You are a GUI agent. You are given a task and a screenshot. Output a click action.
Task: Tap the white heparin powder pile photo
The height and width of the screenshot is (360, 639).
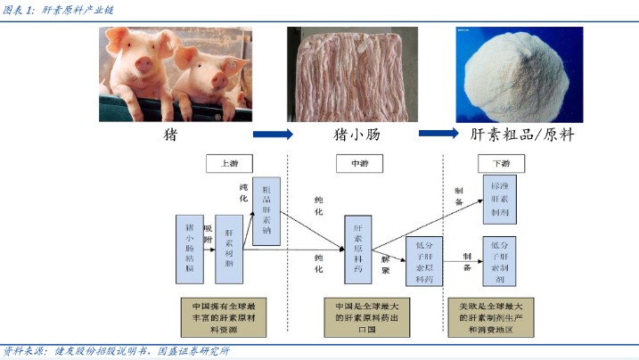click(x=519, y=75)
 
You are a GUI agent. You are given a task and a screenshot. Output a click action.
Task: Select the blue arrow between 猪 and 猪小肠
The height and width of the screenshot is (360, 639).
click(x=273, y=135)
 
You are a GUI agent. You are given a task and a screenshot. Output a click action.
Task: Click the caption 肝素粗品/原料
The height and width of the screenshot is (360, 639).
click(x=521, y=135)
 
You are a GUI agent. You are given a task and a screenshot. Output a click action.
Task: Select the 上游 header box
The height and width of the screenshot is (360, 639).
click(x=229, y=164)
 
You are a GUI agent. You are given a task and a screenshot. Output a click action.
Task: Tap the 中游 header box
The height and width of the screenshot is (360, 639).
click(x=358, y=164)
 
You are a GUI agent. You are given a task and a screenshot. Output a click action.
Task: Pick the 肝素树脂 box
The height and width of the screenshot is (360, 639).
click(x=229, y=243)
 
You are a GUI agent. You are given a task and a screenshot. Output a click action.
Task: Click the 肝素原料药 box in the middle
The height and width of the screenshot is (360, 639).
click(x=357, y=243)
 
